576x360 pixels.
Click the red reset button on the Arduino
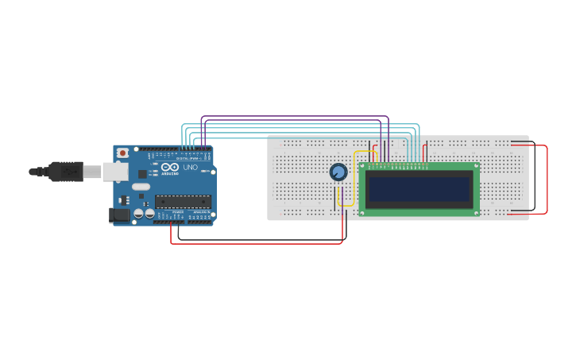coord(122,153)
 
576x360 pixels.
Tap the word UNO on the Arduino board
coord(191,168)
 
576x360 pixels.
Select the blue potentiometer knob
coord(338,172)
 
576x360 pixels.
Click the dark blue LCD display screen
coord(419,189)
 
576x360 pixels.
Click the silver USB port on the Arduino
coord(116,171)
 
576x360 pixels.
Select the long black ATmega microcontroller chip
coord(183,201)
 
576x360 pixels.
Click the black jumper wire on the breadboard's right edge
coord(533,179)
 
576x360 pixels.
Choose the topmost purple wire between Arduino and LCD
coord(294,117)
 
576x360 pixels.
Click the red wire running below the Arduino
coord(254,243)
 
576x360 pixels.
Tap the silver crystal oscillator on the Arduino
coord(141,187)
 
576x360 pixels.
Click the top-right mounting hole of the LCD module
coord(476,166)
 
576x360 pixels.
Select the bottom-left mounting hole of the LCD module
coord(363,211)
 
